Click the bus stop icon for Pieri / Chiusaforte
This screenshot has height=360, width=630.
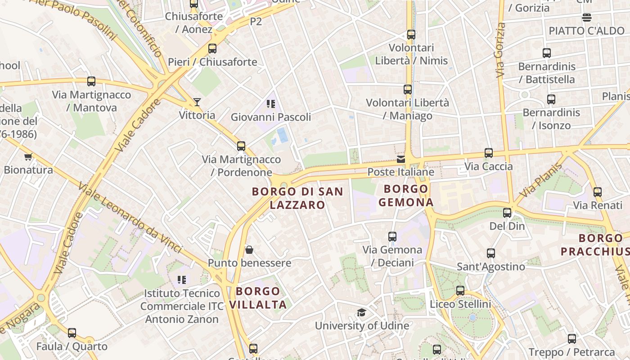point(212,49)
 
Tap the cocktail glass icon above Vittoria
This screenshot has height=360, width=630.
point(197,102)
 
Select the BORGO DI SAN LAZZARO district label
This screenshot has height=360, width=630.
point(297,198)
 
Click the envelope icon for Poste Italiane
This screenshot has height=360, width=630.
point(401,159)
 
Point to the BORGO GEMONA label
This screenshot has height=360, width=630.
point(406,195)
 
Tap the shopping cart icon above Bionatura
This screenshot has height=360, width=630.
point(28,157)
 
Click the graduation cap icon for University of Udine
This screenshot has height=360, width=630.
point(361,313)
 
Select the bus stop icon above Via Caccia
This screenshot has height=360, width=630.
point(489,153)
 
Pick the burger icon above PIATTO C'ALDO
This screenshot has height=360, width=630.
point(586,18)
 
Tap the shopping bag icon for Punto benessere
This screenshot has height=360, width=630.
point(249,250)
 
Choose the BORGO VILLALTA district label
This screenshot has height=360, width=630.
point(258,298)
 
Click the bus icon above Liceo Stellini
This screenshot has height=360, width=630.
point(460,291)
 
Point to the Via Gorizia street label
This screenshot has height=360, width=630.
point(500,50)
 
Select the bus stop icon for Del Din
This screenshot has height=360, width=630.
point(507,213)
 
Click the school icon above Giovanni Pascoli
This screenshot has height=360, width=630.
point(270,104)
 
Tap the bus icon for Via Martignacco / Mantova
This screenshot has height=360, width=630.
point(91,81)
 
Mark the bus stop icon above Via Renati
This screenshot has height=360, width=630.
point(598,192)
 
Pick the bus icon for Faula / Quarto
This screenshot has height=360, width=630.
point(72,333)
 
